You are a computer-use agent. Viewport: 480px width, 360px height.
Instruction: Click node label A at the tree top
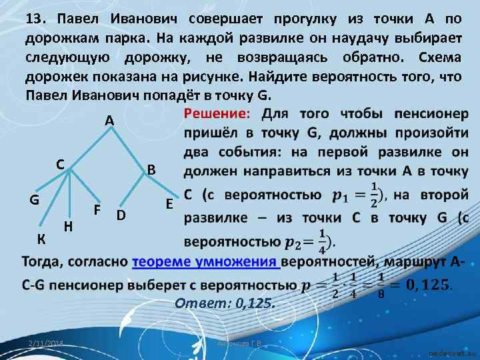tap(110, 121)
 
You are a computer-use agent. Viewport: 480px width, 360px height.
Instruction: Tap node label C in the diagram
tap(60, 163)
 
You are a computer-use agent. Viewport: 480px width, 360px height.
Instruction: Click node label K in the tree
tap(42, 238)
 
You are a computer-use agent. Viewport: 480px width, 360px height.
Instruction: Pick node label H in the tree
tap(68, 226)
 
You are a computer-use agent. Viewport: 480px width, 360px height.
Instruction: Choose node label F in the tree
tap(97, 209)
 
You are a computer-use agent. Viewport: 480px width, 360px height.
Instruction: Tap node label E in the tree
tap(169, 204)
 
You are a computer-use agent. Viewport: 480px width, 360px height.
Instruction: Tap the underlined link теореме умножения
tap(205, 261)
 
